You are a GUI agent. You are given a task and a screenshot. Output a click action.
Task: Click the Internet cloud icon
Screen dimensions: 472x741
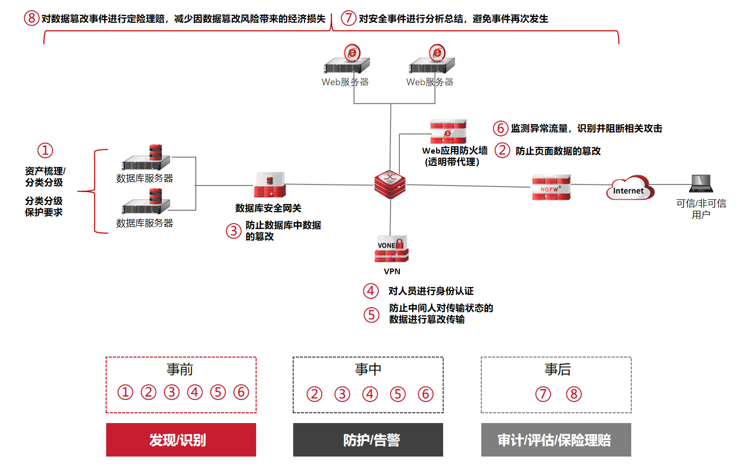pyautogui.click(x=629, y=188)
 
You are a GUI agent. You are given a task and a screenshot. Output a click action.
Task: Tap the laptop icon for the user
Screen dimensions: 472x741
pyautogui.click(x=701, y=183)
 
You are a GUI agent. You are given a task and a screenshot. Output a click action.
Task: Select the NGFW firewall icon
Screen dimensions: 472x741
pyautogui.click(x=551, y=187)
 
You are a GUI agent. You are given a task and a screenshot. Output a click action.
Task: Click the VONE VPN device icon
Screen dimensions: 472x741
pyautogui.click(x=391, y=249)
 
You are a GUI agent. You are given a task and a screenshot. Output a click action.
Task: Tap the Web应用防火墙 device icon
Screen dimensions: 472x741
pyautogui.click(x=448, y=132)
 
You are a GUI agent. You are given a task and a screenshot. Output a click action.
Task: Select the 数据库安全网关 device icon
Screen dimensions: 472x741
pyautogui.click(x=270, y=186)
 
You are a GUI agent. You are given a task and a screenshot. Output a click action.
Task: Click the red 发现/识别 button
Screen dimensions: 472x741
pyautogui.click(x=181, y=440)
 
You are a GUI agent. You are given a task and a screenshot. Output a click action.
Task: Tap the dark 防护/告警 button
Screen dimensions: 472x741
pyautogui.click(x=368, y=440)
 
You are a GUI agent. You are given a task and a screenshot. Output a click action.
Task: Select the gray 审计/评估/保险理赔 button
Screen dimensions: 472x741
pyautogui.click(x=555, y=440)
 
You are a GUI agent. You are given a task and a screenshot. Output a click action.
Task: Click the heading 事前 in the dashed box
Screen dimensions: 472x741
pyautogui.click(x=180, y=369)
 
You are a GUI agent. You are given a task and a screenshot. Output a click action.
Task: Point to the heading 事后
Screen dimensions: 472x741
pyautogui.click(x=557, y=369)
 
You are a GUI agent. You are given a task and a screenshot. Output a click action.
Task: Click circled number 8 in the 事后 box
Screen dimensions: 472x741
pyautogui.click(x=574, y=394)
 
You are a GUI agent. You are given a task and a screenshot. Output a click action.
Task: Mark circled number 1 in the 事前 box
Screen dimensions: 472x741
pyautogui.click(x=125, y=392)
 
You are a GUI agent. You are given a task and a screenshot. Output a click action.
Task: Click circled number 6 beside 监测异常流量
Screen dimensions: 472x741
pyautogui.click(x=500, y=128)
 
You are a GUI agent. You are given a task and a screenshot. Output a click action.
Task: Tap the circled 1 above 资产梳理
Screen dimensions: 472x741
pyautogui.click(x=45, y=150)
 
